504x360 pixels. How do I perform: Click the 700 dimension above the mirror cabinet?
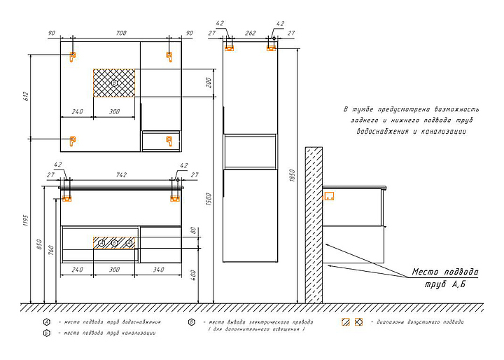(121, 34)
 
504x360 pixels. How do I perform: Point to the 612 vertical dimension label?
(27, 96)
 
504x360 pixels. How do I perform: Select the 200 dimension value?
(209, 83)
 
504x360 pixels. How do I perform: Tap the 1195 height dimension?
(25, 221)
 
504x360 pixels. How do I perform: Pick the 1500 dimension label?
(209, 199)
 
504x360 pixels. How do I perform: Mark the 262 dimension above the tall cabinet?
(250, 33)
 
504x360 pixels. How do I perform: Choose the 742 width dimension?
(121, 175)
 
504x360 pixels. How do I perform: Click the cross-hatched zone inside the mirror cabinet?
(114, 83)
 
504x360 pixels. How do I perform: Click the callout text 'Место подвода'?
(445, 272)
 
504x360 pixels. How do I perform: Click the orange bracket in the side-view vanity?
(330, 197)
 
